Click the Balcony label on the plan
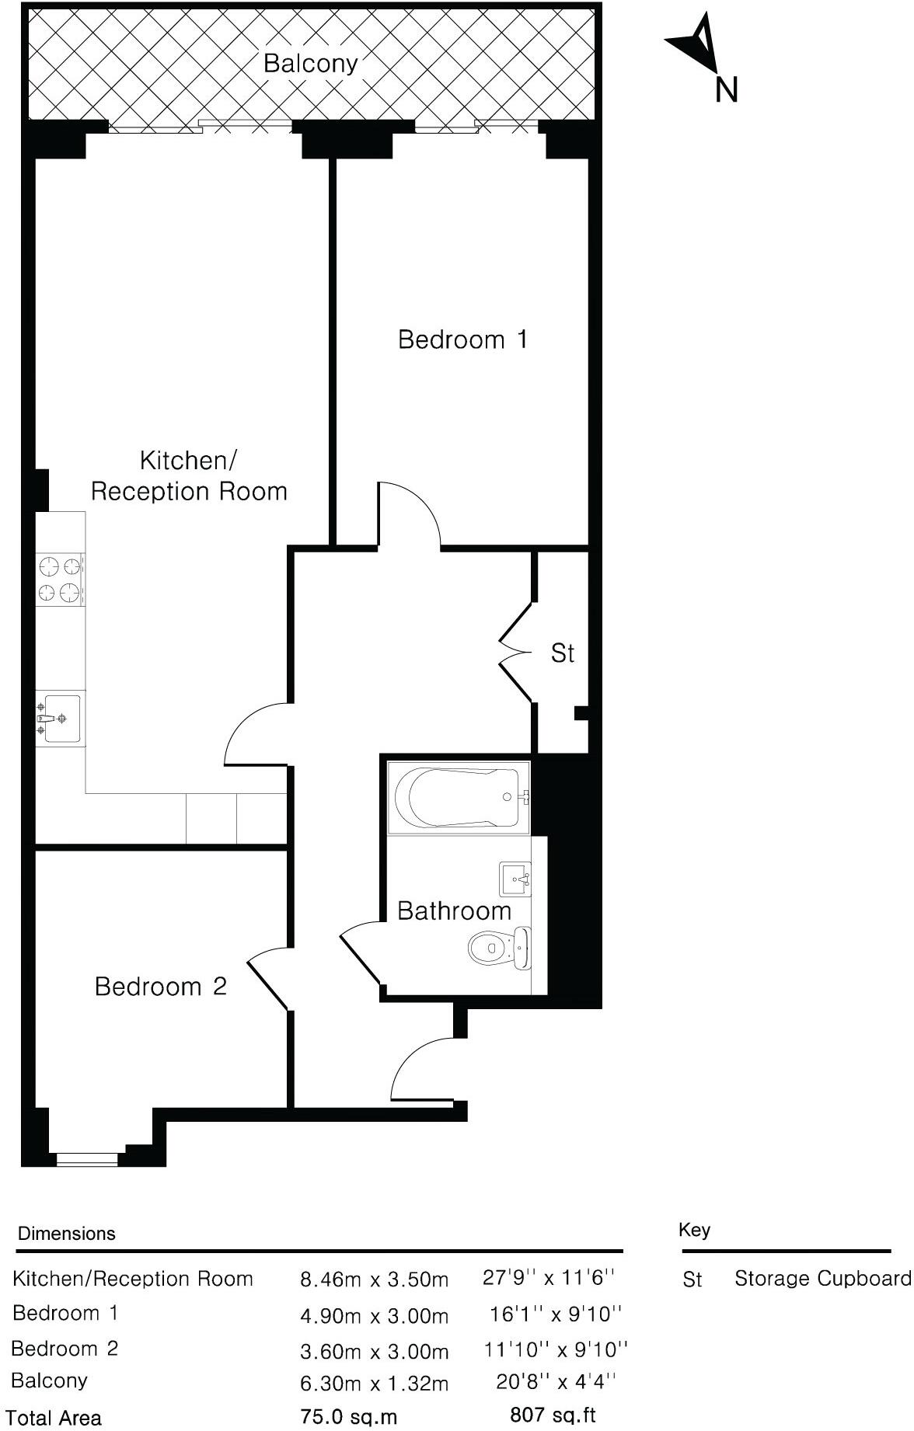[x=310, y=63]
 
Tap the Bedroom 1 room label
[x=462, y=339]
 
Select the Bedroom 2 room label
[x=160, y=987]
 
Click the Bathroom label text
[x=454, y=910]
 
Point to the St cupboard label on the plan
[x=562, y=653]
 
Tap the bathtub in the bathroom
[x=459, y=797]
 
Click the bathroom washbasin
[x=515, y=879]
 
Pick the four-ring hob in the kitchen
[x=60, y=580]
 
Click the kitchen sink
[x=60, y=719]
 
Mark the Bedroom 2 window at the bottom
[x=87, y=1159]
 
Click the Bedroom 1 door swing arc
[x=410, y=513]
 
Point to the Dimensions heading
[x=67, y=1234]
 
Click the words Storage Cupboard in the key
[x=822, y=1278]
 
